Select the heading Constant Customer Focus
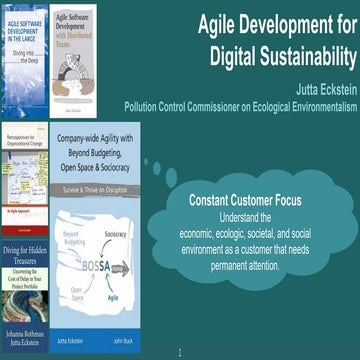point(245,200)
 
